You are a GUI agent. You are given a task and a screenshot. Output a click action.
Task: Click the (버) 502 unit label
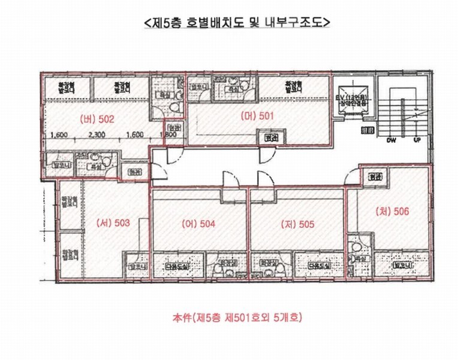pos(97,119)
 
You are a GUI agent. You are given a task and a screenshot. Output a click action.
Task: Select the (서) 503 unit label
pos(113,223)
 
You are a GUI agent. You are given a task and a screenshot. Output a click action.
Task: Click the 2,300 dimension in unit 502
pos(97,135)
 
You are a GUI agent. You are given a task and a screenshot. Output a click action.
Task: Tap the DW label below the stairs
pos(391,140)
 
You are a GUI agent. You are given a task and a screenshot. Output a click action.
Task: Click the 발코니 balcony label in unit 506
pos(402,264)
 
